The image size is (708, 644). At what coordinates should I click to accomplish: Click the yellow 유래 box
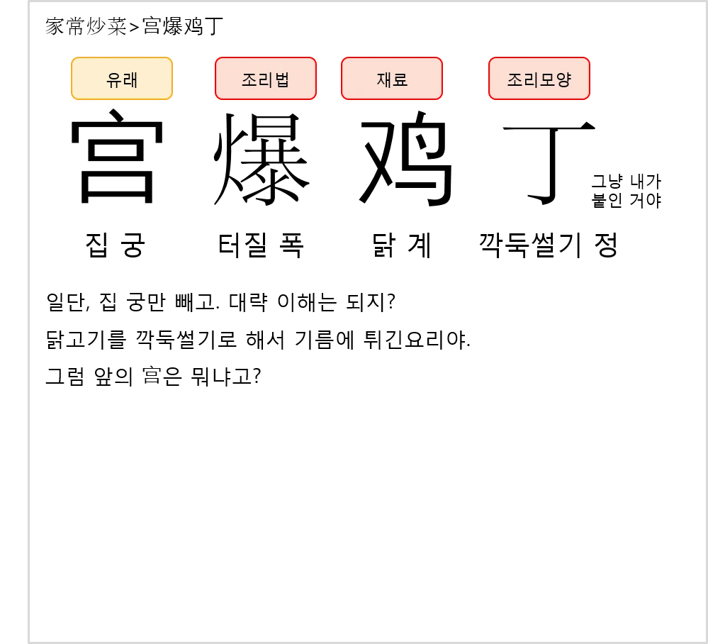click(121, 79)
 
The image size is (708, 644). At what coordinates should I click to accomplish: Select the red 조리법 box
click(266, 79)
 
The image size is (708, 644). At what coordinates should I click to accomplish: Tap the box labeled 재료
click(392, 79)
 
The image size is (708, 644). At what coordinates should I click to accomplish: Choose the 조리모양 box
click(539, 79)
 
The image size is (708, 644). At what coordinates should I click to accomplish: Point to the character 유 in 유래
click(113, 80)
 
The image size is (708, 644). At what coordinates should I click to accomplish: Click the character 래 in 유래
click(130, 80)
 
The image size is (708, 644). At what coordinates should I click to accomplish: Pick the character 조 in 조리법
click(249, 79)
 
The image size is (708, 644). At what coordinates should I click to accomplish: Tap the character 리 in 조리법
click(265, 79)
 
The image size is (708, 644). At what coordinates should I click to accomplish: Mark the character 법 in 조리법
click(281, 79)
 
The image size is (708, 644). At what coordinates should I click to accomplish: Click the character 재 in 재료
click(384, 79)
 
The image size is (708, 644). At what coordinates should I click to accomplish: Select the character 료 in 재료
click(400, 79)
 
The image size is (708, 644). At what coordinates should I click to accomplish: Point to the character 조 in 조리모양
click(515, 79)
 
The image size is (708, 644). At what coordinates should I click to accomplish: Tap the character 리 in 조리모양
click(531, 79)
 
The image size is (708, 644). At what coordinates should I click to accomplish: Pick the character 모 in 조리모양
click(546, 79)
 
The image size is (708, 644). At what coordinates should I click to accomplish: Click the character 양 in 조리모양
click(563, 79)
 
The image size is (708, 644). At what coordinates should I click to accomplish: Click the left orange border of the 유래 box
click(72, 79)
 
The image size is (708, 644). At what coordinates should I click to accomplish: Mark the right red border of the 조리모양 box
click(589, 79)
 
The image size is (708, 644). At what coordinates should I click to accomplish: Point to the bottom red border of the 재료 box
click(392, 99)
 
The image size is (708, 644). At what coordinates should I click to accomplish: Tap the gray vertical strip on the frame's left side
click(28, 319)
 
